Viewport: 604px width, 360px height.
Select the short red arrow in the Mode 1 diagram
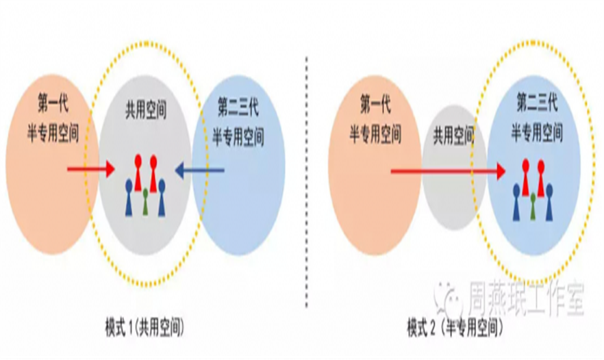pos(91,168)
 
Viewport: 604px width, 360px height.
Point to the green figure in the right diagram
pos(533,204)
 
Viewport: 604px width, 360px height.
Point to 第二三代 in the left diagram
pos(238,107)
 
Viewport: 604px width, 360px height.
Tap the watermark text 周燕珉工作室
pos(525,299)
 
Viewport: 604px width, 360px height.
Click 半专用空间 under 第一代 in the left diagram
pos(53,135)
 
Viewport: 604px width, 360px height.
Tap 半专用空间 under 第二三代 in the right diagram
pos(536,134)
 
